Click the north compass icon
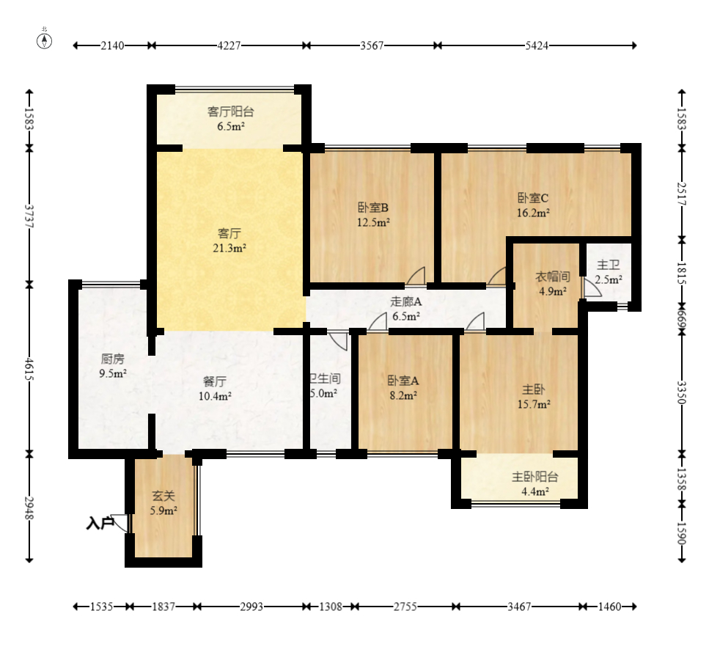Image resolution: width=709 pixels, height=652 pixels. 45,40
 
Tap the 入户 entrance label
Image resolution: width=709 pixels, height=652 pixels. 99,524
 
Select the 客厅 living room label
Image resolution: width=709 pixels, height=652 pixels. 229,234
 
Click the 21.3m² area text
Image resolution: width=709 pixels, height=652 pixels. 229,248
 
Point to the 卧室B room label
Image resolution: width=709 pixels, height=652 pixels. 372,208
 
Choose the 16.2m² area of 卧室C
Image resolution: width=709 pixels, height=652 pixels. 533,212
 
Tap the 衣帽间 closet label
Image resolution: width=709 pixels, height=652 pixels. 551,276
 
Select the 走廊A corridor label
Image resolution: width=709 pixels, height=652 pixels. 405,301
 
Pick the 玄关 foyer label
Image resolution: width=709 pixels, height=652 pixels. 163,497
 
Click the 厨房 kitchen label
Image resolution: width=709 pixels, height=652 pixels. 113,359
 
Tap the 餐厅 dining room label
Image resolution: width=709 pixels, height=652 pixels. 215,381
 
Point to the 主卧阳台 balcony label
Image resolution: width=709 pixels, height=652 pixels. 534,477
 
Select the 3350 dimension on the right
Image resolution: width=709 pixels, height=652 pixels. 681,392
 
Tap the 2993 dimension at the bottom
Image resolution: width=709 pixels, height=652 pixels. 252,607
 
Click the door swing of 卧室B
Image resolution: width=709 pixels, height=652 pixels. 416,276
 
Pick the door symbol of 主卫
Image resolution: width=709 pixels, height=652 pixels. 591,288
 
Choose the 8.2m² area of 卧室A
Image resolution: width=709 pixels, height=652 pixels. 403,395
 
